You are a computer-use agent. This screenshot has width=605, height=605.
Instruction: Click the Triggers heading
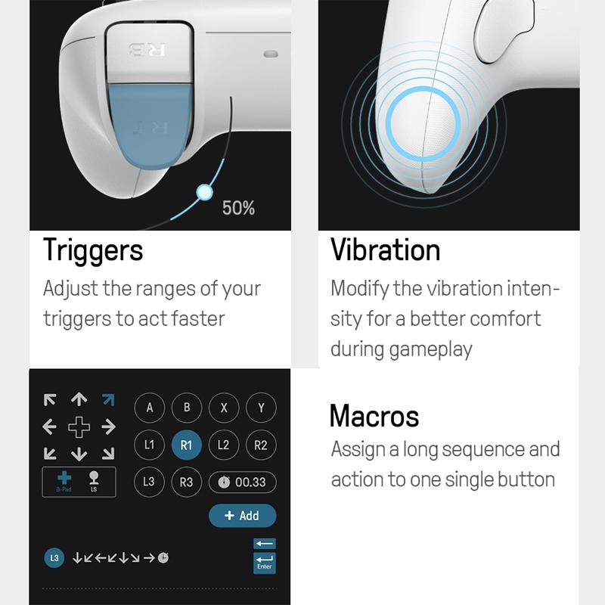93,251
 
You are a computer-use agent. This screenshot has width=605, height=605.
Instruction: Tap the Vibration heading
385,250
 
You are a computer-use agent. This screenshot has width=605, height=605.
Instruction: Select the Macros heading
374,416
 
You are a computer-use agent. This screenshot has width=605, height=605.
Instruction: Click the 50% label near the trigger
238,208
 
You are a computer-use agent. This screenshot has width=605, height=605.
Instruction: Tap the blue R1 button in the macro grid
186,445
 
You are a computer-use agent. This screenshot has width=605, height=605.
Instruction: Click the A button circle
149,408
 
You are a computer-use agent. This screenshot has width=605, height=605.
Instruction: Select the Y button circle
261,408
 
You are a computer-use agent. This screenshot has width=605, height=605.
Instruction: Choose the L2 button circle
224,445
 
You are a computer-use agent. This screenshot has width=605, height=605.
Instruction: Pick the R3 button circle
186,482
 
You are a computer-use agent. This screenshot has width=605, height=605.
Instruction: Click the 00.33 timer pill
243,482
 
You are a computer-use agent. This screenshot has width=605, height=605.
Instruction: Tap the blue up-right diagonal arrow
108,400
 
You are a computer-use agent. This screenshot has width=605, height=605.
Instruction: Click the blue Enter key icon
264,563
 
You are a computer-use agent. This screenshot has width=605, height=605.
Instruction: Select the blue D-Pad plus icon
64,478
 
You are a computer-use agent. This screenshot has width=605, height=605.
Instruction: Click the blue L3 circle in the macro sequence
54,558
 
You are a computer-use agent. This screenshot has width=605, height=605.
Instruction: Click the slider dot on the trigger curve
204,192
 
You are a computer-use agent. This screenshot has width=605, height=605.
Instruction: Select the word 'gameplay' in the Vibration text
430,350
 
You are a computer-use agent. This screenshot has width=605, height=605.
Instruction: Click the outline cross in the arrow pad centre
79,427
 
